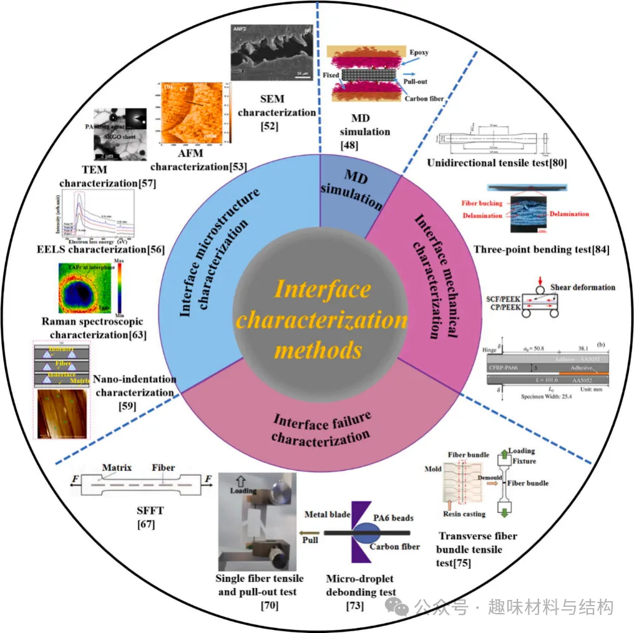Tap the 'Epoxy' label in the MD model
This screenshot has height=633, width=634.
[x=419, y=52]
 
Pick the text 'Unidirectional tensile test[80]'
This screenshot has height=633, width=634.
[x=497, y=163]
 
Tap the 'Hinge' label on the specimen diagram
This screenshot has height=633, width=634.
[x=489, y=350]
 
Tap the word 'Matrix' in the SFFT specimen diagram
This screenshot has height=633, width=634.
[x=117, y=467]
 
